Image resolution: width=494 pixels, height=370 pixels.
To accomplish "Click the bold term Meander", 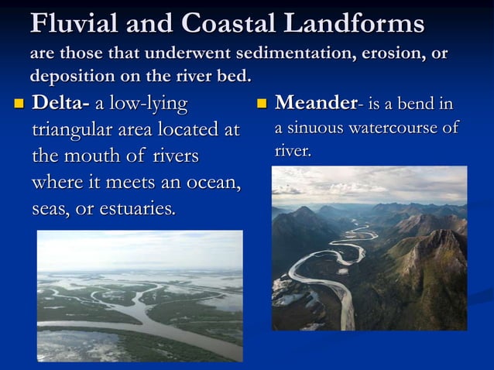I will point(316,103).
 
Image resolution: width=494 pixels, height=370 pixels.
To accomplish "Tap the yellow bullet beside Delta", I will point(19,104).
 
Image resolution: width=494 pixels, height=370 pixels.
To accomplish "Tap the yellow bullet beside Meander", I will point(262,104).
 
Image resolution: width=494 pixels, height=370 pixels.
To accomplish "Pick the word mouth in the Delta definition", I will point(92,156).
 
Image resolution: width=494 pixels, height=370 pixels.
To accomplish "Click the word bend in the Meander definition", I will point(414,103).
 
